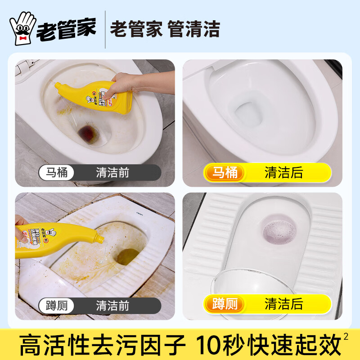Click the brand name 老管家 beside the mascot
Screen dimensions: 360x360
[66, 29]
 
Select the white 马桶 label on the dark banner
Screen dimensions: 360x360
[57, 173]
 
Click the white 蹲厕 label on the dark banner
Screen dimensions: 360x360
[57, 306]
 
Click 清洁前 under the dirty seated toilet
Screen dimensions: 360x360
[112, 173]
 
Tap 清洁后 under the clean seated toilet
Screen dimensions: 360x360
[283, 173]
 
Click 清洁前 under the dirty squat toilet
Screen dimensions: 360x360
[112, 306]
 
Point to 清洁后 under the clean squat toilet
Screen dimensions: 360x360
[283, 305]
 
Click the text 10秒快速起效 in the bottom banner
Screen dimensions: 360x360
[269, 345]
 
